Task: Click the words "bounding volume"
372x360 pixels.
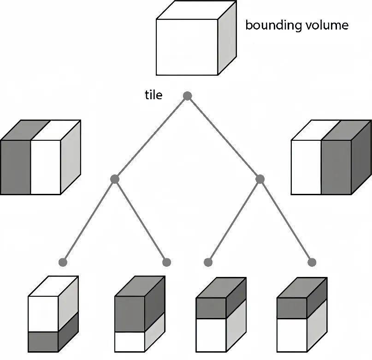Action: (296, 25)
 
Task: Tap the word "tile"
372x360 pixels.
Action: (154, 95)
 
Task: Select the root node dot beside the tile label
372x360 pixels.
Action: (187, 96)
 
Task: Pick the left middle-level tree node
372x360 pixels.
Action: (115, 179)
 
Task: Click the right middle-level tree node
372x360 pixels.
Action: (260, 179)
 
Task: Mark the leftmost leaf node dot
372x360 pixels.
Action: (63, 262)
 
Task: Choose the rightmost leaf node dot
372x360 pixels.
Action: (312, 262)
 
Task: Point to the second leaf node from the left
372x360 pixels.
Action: (167, 262)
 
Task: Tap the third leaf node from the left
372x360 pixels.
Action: (208, 262)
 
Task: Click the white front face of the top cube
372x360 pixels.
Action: (187, 47)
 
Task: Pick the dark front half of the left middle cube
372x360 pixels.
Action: (16, 167)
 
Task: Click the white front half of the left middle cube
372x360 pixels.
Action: (46, 167)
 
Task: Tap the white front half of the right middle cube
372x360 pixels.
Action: (307, 167)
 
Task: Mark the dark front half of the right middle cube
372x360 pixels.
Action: (336, 167)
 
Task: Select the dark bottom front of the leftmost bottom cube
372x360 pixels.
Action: (43, 342)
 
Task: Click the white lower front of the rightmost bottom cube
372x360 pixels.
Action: (291, 335)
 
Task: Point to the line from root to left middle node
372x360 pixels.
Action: (151, 137)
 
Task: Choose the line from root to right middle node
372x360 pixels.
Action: (224, 137)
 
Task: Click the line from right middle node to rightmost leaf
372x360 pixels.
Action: (286, 220)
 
